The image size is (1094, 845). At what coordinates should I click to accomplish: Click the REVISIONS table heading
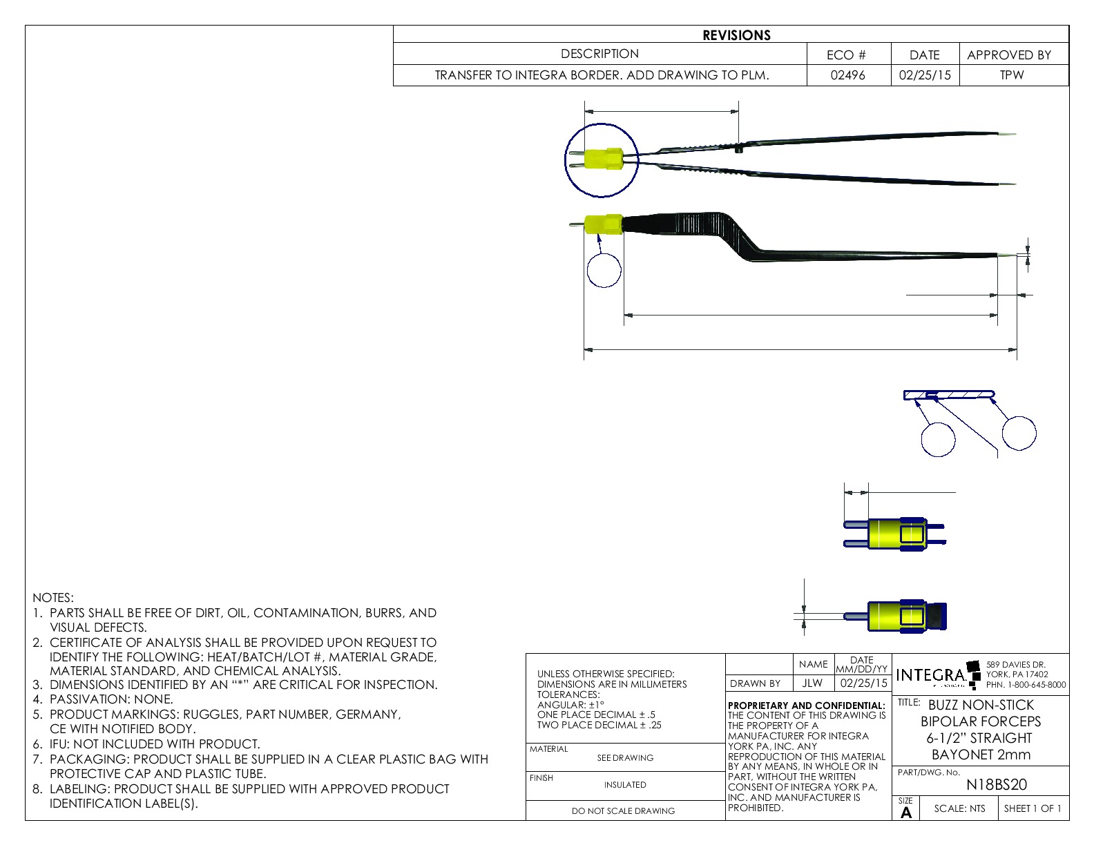pos(736,35)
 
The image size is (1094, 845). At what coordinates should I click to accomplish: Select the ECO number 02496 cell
pos(847,75)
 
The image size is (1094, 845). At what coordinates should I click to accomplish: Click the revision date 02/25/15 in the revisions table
pos(924,75)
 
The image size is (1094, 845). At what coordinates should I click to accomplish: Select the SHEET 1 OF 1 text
pos(1033,808)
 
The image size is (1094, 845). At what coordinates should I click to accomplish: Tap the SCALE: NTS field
pos(959,808)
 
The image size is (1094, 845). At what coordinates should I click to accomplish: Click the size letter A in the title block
pos(906,813)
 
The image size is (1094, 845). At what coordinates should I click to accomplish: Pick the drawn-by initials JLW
pos(812,683)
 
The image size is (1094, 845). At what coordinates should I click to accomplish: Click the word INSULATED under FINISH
pos(625,785)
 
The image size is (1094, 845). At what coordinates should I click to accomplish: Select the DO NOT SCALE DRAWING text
pos(623,811)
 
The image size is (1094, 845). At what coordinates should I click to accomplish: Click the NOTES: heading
pos(53,598)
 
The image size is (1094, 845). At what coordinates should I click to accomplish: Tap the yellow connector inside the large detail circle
pos(603,159)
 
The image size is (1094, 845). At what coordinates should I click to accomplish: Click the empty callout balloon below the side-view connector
pos(604,270)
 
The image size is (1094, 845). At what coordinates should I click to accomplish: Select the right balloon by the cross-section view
pos(1019,434)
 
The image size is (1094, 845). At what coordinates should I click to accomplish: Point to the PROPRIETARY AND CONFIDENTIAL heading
pos(806,706)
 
